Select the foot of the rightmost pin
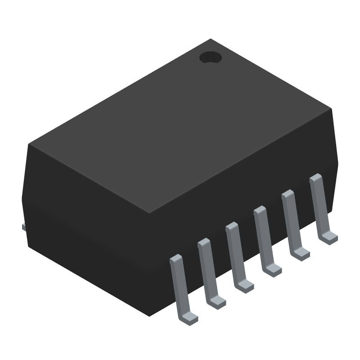pyautogui.click(x=329, y=237)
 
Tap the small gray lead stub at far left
pyautogui.click(x=24, y=227)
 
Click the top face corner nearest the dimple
pyautogui.click(x=211, y=39)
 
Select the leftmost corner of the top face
pyautogui.click(x=29, y=144)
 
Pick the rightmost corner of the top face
pyautogui.click(x=331, y=108)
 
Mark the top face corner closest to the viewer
pyautogui.click(x=149, y=213)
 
